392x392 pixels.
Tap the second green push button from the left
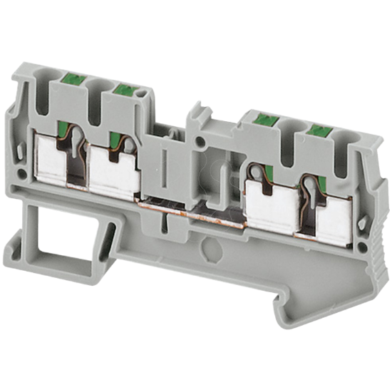(x=125, y=89)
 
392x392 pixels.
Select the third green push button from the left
(x=264, y=121)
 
